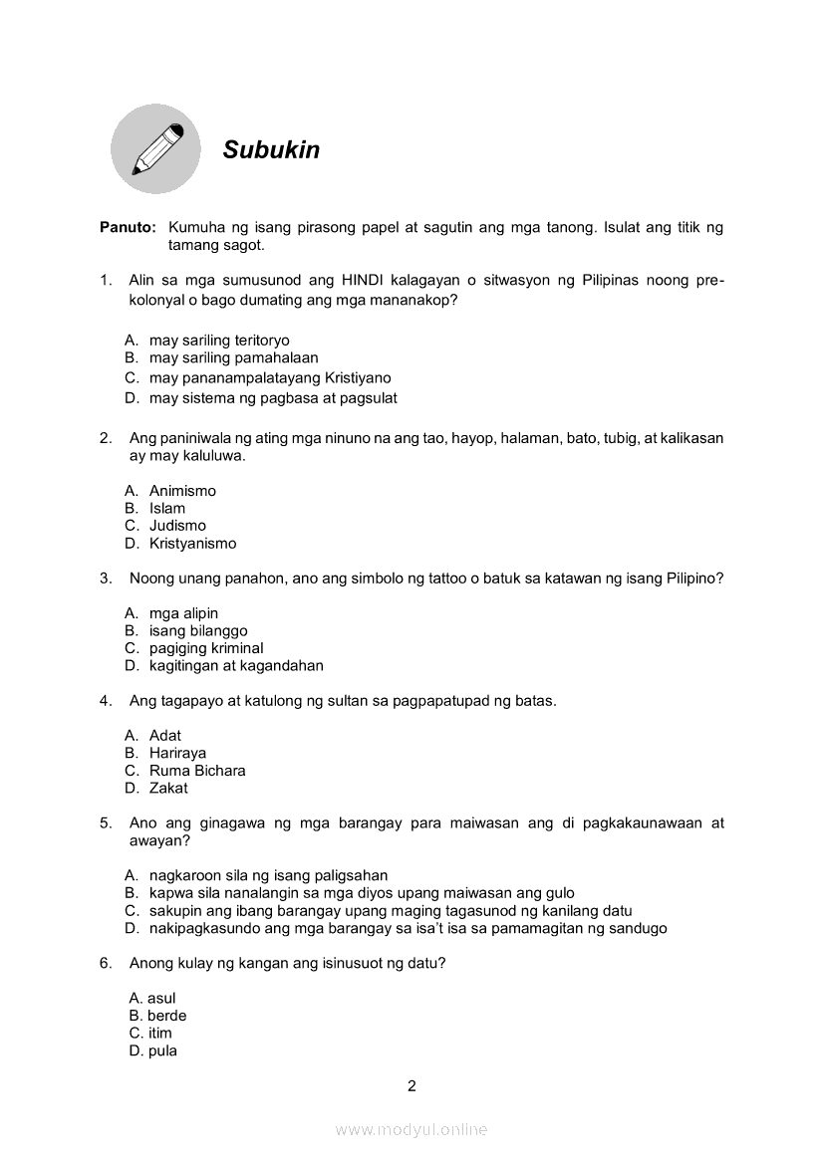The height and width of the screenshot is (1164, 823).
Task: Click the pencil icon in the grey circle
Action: point(156,149)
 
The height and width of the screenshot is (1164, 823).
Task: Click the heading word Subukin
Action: point(271,149)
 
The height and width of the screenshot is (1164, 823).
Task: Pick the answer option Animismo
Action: point(182,491)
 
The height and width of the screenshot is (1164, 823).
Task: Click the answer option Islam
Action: point(167,509)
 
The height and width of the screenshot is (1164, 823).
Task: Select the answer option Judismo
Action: point(177,526)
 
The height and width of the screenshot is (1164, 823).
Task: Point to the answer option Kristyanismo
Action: point(192,544)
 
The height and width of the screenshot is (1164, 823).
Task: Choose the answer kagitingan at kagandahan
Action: point(236,666)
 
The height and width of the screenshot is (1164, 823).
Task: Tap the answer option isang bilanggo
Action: point(198,631)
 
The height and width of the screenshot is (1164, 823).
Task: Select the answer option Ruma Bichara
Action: point(197,771)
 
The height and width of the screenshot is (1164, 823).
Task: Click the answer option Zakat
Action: point(168,789)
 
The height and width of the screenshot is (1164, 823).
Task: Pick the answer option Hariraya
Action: point(177,754)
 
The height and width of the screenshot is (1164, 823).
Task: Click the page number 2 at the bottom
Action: point(411,1086)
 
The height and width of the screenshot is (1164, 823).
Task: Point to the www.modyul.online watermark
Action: point(411,1130)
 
